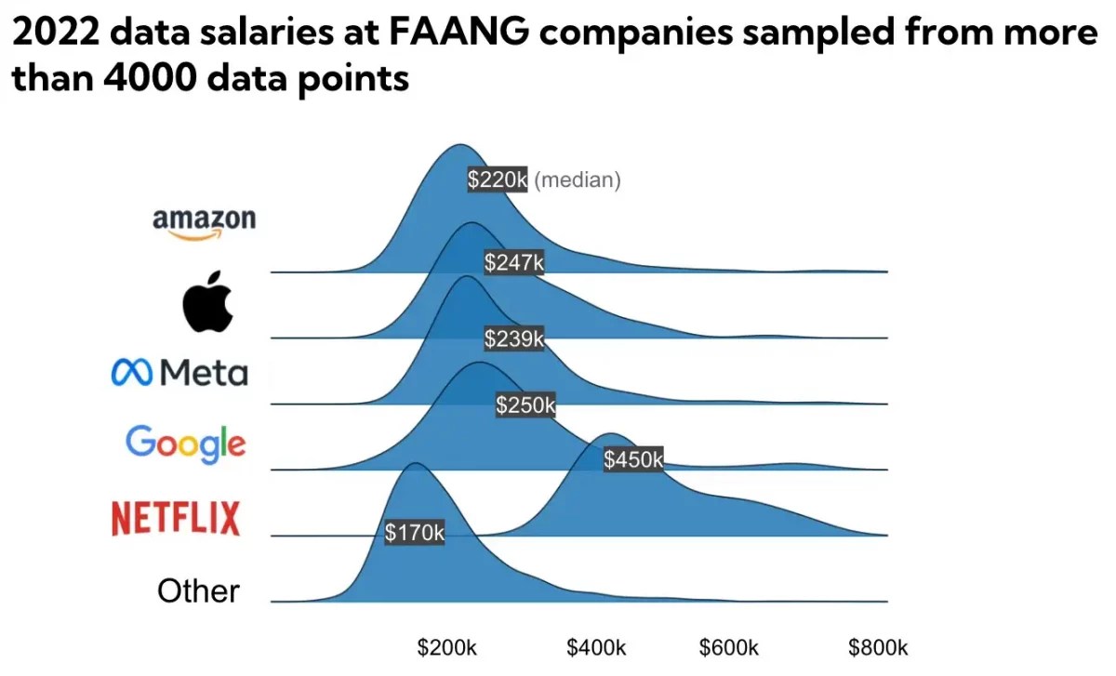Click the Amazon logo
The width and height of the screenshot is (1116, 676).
(x=204, y=223)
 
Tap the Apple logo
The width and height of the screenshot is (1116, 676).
(x=207, y=302)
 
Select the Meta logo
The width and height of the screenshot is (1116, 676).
(x=179, y=373)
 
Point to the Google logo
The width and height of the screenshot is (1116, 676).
(x=186, y=443)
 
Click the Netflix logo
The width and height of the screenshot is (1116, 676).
(x=176, y=518)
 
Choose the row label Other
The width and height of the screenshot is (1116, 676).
(x=198, y=590)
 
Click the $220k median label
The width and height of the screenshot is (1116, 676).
(x=498, y=179)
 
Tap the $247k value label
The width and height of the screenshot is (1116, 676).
(x=513, y=263)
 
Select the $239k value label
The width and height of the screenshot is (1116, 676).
(x=513, y=338)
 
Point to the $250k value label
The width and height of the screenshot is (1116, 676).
(x=525, y=404)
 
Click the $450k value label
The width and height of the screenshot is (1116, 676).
(x=633, y=459)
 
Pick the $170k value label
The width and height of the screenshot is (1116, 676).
(x=415, y=533)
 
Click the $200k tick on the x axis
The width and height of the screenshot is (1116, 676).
(x=446, y=647)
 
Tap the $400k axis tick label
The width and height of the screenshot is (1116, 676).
(x=596, y=647)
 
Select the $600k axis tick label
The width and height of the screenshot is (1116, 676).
(x=729, y=647)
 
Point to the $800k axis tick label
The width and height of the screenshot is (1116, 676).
(x=877, y=647)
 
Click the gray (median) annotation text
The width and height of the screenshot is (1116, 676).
(x=578, y=179)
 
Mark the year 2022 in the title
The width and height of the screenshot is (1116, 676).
(x=53, y=35)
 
